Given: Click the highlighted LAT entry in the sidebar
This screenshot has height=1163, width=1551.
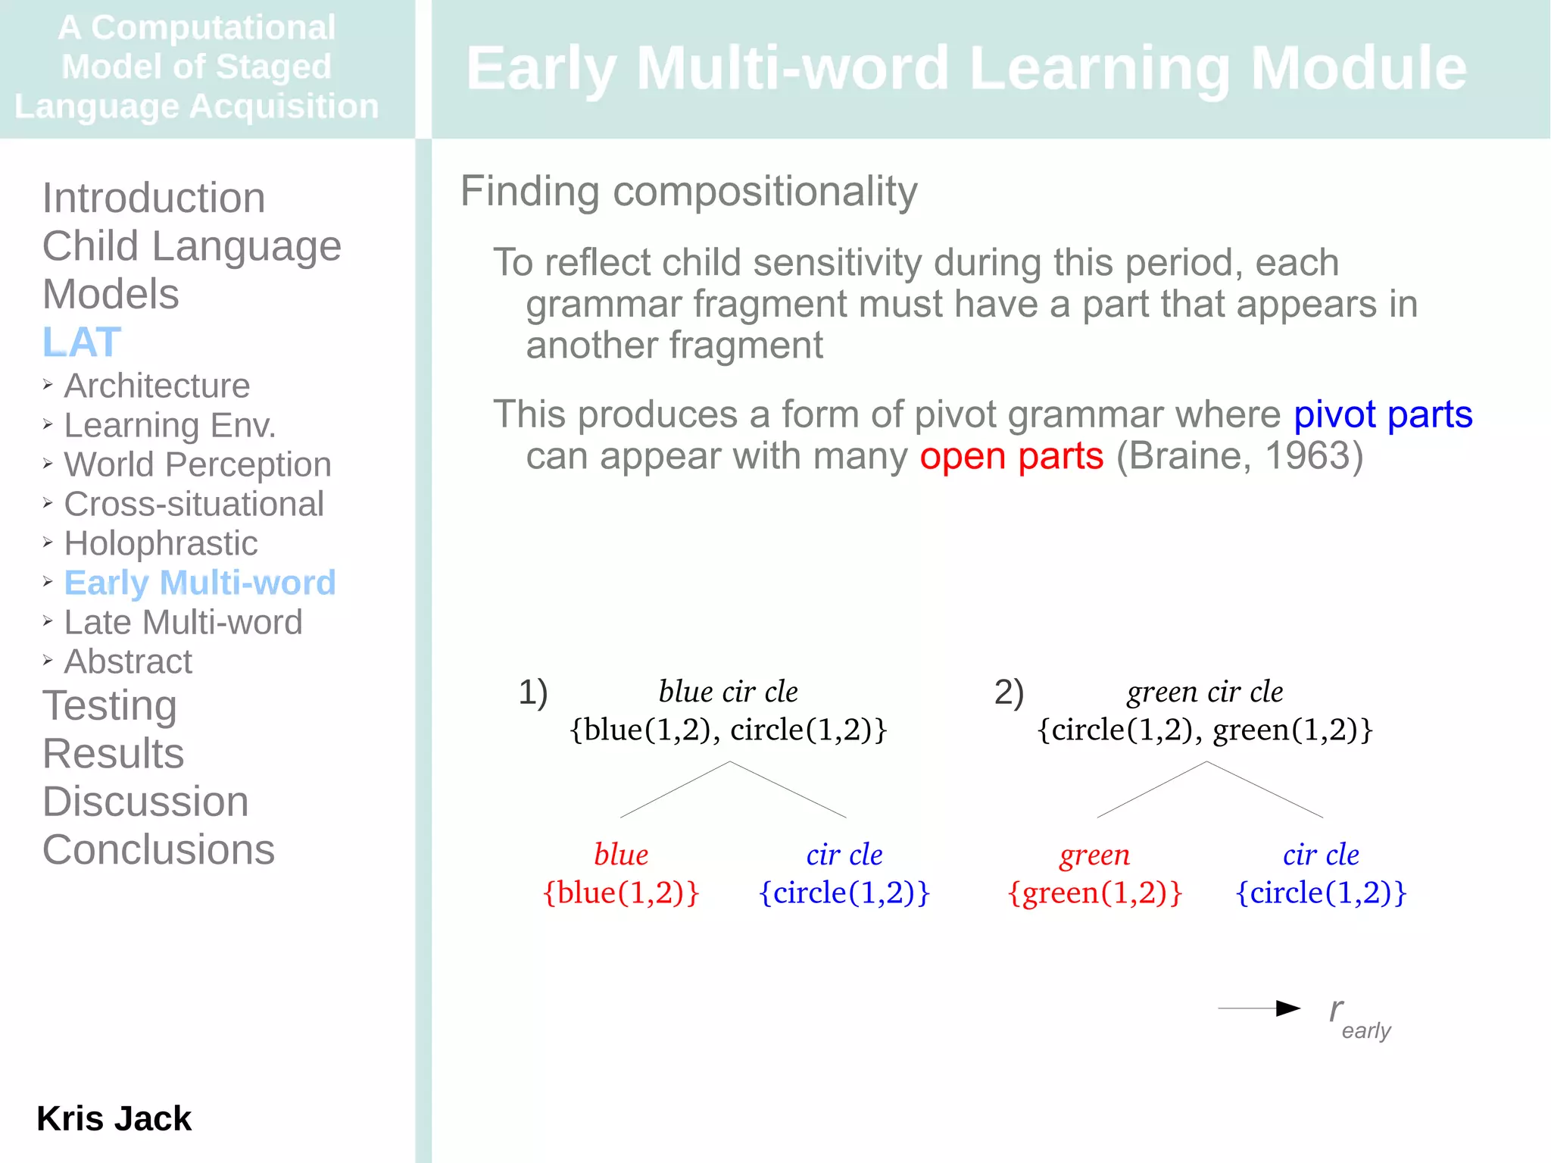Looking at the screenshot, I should (82, 342).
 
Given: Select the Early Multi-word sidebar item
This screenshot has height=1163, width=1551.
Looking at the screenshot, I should (199, 583).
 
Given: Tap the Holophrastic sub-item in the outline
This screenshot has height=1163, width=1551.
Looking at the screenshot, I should (161, 543).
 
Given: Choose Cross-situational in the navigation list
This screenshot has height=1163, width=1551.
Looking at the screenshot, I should (194, 504).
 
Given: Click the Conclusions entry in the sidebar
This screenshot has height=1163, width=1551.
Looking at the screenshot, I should (158, 849).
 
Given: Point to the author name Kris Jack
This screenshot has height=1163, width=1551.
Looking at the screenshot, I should (114, 1118).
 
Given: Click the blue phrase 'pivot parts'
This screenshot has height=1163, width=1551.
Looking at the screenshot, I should (1382, 414).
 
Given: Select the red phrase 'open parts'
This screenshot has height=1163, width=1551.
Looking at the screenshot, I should (1012, 456).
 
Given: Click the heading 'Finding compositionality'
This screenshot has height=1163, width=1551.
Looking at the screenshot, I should (688, 191).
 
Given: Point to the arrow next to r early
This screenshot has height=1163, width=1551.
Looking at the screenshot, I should (1259, 1008).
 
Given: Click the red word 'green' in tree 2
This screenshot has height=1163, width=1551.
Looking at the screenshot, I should (1094, 855).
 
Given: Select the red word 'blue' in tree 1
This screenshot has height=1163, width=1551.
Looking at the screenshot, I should (621, 855).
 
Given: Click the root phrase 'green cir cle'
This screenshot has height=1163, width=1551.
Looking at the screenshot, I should (1205, 692).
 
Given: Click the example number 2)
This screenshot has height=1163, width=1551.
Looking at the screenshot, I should (1009, 692).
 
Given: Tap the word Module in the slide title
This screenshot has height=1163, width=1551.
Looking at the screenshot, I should (1358, 68).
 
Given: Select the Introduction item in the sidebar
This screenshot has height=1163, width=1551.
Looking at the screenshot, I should (154, 198).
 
